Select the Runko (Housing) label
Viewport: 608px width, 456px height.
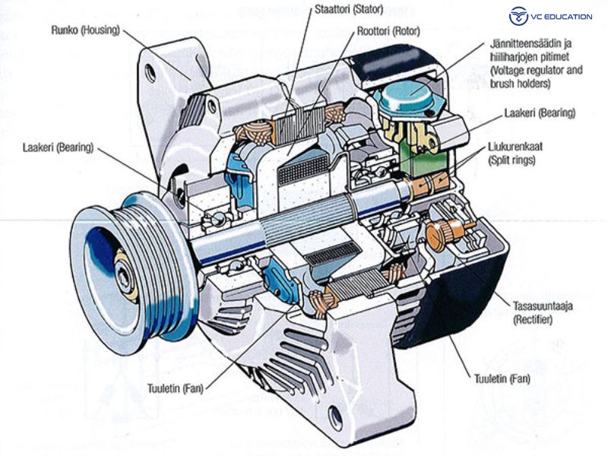[84, 33]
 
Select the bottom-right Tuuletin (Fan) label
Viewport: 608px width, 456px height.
[502, 378]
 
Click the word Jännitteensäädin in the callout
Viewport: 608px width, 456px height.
[529, 43]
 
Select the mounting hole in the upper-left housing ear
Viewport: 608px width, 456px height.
[150, 73]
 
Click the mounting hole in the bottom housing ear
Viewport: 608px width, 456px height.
[335, 415]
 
